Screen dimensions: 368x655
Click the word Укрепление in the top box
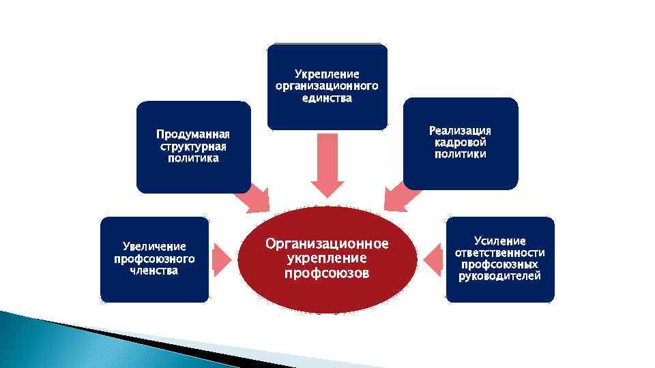[327, 74]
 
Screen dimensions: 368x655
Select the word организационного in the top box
[327, 86]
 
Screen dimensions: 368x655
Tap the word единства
[327, 98]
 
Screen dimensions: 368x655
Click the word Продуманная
[193, 134]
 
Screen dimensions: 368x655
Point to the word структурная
[193, 147]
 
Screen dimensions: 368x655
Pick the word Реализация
[460, 130]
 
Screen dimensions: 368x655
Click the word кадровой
[460, 142]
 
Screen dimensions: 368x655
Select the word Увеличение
[154, 247]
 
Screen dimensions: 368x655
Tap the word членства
[154, 271]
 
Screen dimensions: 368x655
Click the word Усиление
[500, 241]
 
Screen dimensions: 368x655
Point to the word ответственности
[500, 252]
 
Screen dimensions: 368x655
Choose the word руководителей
[500, 276]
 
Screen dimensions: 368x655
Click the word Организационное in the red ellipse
[327, 244]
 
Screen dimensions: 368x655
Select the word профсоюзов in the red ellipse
[327, 274]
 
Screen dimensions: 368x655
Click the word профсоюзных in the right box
[500, 264]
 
